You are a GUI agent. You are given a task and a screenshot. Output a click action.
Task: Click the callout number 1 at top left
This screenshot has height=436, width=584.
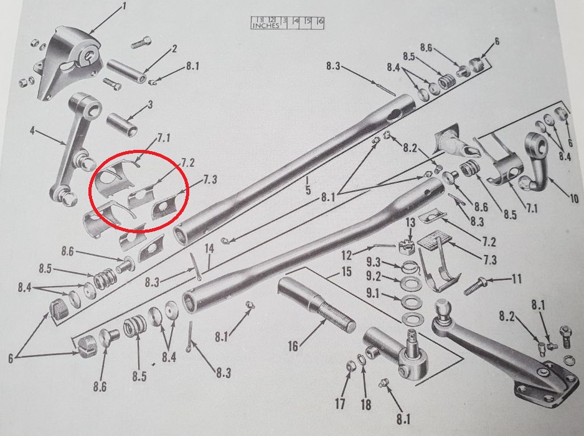[x=125, y=6]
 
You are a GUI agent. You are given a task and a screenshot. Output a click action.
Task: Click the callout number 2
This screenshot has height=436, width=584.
[x=174, y=49]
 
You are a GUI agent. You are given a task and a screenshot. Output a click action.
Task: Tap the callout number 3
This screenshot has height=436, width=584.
[x=150, y=104]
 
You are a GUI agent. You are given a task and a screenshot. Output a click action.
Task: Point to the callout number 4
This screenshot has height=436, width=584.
[x=33, y=131]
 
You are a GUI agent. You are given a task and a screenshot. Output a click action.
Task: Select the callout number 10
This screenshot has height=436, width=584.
[x=573, y=198]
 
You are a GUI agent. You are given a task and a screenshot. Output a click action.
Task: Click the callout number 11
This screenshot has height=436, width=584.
[x=517, y=278]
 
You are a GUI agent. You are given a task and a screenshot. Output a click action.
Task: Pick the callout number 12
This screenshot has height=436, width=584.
[x=346, y=256]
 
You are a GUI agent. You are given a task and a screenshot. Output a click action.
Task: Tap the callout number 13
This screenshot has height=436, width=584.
[x=410, y=223]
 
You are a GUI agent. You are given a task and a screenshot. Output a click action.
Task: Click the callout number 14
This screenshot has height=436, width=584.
[x=210, y=249]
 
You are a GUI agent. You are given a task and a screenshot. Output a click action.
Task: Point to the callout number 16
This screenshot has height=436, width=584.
[x=293, y=346]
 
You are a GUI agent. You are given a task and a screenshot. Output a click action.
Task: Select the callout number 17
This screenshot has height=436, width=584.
[x=340, y=404]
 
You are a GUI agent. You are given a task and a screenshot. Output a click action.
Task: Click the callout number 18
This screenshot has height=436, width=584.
[x=366, y=404]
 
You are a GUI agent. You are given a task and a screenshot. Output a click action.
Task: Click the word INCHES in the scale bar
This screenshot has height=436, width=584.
[x=265, y=26]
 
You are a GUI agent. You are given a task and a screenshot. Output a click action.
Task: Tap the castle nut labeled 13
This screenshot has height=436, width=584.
[x=404, y=247]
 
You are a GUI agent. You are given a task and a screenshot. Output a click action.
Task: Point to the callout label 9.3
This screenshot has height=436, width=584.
[x=373, y=262]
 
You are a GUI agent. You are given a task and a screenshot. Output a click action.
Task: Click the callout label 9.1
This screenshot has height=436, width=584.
[x=372, y=294]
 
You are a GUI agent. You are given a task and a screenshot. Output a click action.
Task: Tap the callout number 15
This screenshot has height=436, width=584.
[x=346, y=272]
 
